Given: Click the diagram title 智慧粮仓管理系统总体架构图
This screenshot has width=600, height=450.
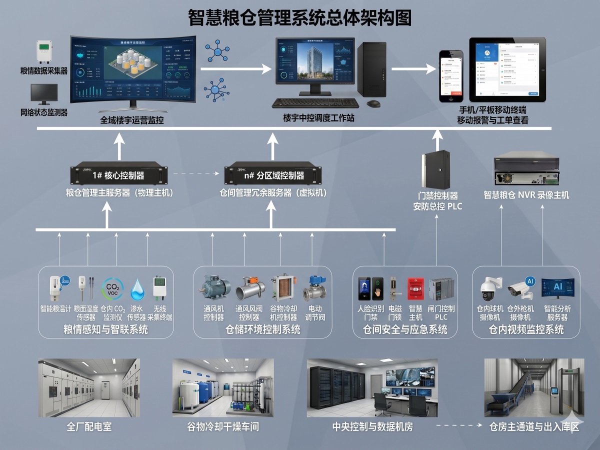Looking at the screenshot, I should (x=300, y=17).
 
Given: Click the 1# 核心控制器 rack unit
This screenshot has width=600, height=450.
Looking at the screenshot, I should (x=119, y=174).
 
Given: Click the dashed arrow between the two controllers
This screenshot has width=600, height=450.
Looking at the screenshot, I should (x=195, y=174).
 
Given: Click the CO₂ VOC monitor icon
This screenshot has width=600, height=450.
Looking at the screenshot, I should (x=112, y=289).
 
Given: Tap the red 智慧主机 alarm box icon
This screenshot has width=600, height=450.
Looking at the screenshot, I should (x=415, y=289).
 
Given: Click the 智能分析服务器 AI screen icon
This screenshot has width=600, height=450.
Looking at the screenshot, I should (x=557, y=288).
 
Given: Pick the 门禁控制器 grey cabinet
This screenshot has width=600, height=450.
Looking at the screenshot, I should (x=435, y=169).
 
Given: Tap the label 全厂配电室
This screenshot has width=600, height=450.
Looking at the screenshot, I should (x=89, y=427).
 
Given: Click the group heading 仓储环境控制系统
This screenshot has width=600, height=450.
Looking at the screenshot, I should (x=263, y=329).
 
